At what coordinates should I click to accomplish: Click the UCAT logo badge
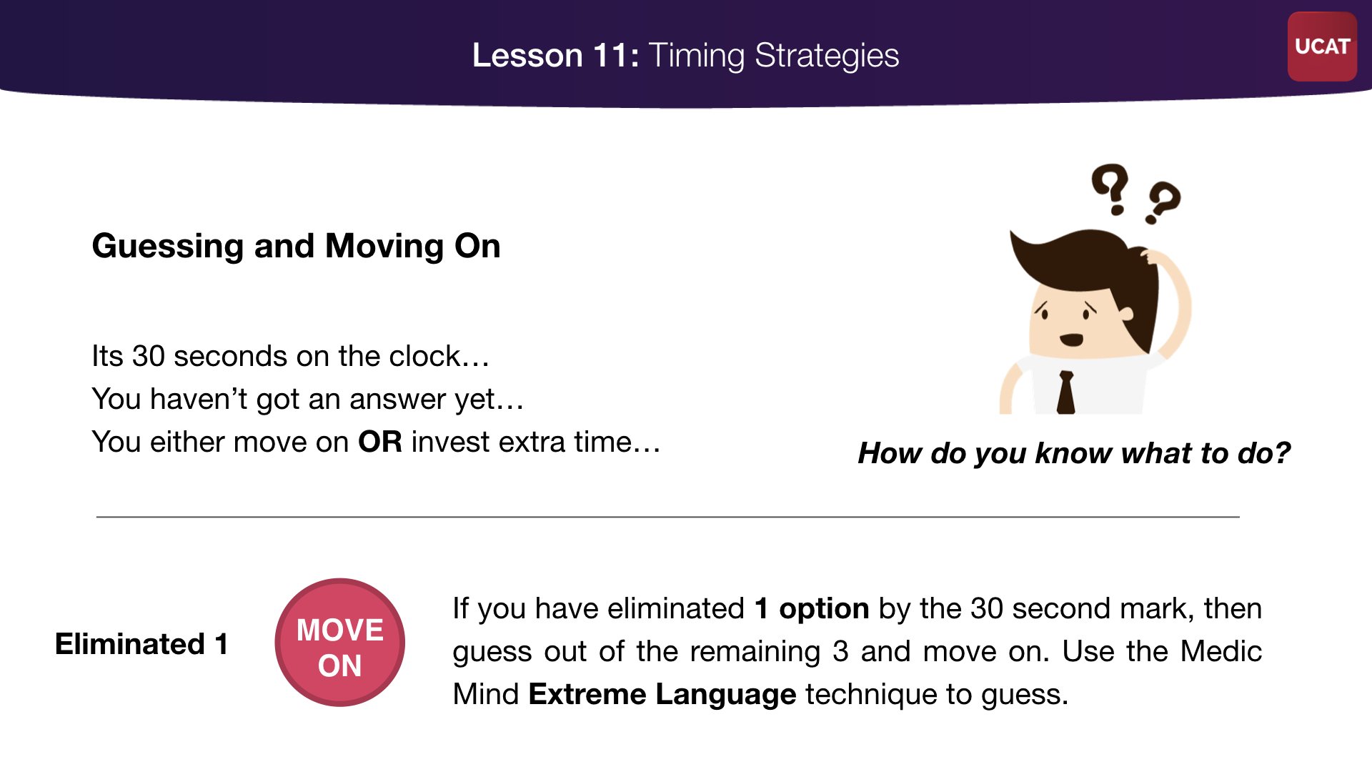pyautogui.click(x=1322, y=46)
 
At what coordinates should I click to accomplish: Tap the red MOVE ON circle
pyautogui.click(x=340, y=643)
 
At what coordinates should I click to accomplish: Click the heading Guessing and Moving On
pyautogui.click(x=296, y=246)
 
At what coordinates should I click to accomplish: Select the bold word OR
pyautogui.click(x=380, y=442)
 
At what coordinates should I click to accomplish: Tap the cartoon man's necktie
pyautogui.click(x=1066, y=392)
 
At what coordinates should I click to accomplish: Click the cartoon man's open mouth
pyautogui.click(x=1071, y=340)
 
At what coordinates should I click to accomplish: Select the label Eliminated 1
pyautogui.click(x=141, y=644)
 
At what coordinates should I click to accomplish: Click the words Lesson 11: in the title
pyautogui.click(x=555, y=55)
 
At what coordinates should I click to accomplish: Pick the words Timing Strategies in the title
pyautogui.click(x=774, y=55)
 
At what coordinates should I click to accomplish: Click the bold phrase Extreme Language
pyautogui.click(x=662, y=694)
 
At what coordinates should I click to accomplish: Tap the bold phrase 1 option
pyautogui.click(x=812, y=608)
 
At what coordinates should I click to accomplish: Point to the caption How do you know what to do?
pyautogui.click(x=1074, y=453)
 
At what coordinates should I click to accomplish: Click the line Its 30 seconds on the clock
pyautogui.click(x=291, y=356)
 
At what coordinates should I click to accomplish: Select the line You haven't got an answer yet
pyautogui.click(x=308, y=399)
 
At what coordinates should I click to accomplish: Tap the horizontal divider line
pyautogui.click(x=668, y=516)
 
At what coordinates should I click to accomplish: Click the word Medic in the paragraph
pyautogui.click(x=1221, y=651)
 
